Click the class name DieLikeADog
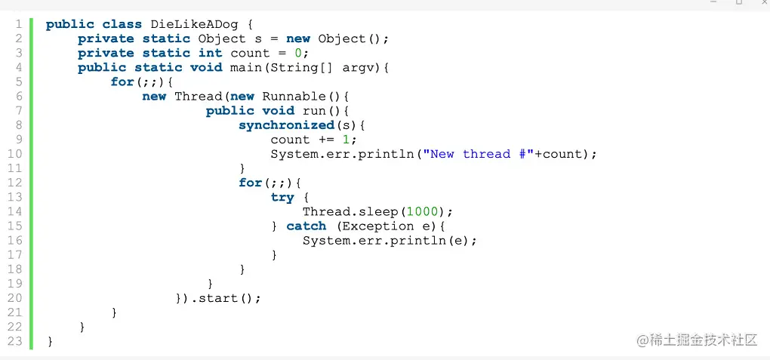[194, 24]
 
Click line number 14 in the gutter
[15, 211]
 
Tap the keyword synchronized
[286, 125]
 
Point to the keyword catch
[306, 226]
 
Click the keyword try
[282, 197]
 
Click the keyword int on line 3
[210, 53]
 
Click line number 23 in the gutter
[15, 340]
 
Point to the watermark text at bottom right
[696, 340]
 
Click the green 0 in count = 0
[298, 53]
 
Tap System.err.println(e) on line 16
[390, 240]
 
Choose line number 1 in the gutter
[18, 24]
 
